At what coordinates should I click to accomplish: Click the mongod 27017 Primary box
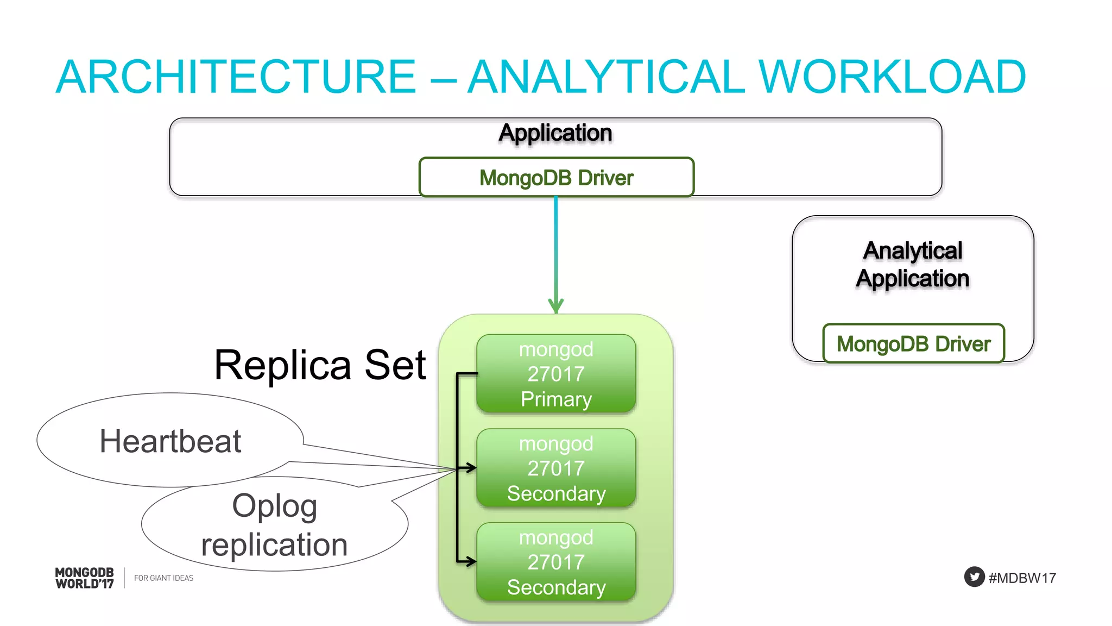[556, 374]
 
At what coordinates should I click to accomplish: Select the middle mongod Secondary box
[556, 468]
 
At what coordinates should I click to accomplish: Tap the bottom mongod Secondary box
[556, 562]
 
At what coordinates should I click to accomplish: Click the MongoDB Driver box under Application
[556, 178]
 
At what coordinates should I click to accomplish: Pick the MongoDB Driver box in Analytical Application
[913, 343]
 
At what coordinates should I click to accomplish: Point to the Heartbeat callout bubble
[170, 441]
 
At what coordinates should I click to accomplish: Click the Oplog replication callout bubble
[274, 525]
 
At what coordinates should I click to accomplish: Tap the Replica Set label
[320, 365]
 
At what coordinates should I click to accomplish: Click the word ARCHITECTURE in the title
[236, 77]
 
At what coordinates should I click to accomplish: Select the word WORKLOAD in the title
[892, 77]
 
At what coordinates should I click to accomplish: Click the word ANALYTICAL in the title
[606, 77]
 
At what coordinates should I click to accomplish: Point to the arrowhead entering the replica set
[556, 306]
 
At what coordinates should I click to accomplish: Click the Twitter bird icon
[974, 577]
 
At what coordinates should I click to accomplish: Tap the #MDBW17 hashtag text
[1022, 578]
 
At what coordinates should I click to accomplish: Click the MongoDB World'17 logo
[85, 578]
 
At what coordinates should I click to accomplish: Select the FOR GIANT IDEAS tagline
[163, 578]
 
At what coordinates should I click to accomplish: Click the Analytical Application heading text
[913, 265]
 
